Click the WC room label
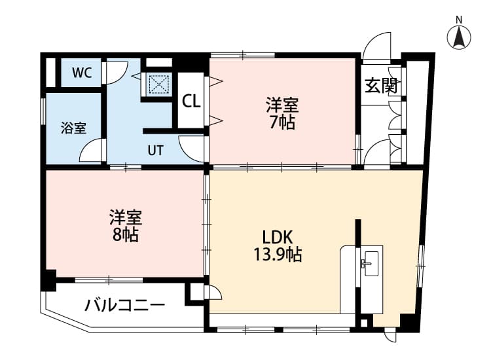tap(82, 73)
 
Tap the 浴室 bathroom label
tap(73, 128)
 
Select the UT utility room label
tap(156, 151)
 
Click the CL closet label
tap(191, 101)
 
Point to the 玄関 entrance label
tap(381, 86)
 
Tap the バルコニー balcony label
tap(124, 305)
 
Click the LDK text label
tap(278, 238)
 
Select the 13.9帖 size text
tap(278, 255)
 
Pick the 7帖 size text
tap(282, 122)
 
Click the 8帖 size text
tap(125, 235)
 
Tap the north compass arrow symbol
tap(459, 37)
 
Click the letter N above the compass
tap(459, 20)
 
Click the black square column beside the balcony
tap(50, 280)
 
